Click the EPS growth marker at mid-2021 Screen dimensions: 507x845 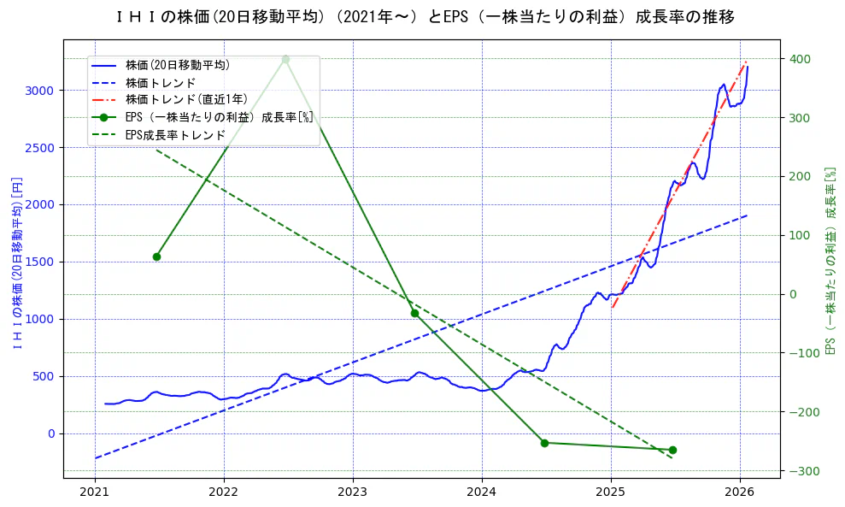[x=156, y=256]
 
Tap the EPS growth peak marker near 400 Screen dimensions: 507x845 [x=285, y=59]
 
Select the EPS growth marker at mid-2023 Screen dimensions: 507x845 [x=414, y=313]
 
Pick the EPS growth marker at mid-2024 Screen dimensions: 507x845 [x=544, y=443]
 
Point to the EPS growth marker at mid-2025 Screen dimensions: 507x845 [x=672, y=450]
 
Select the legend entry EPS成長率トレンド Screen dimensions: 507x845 [x=175, y=135]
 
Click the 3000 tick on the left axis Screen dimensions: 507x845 [x=40, y=91]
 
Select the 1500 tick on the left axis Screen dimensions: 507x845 [x=40, y=262]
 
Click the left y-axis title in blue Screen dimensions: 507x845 [x=15, y=262]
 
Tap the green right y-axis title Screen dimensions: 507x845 [x=829, y=261]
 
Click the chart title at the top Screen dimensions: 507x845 [x=423, y=17]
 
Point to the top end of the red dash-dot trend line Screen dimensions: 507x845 [x=747, y=62]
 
